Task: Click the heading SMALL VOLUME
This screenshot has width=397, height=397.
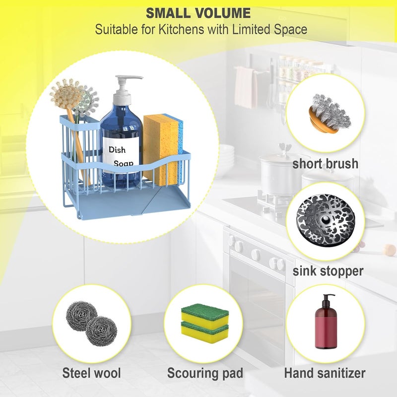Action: coord(198,13)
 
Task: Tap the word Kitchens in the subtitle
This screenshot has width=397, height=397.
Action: coord(181,29)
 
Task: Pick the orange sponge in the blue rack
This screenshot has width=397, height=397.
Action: coord(161,149)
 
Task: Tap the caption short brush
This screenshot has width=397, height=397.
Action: coord(326,164)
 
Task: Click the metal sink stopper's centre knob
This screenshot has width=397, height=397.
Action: coord(326,220)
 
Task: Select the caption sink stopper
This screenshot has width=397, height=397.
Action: coord(328,271)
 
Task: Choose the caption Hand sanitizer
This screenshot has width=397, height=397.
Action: coord(325,373)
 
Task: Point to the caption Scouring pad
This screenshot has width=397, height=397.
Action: coord(205,373)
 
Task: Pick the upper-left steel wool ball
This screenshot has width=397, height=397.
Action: coord(81,316)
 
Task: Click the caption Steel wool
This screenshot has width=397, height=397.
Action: coord(91,373)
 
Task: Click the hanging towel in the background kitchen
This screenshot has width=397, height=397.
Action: coord(245,87)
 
